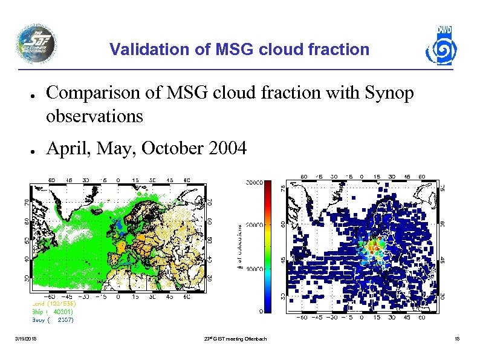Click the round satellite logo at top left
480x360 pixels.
pyautogui.click(x=36, y=44)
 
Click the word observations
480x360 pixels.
pyautogui.click(x=94, y=116)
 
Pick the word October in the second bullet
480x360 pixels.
pyautogui.click(x=177, y=148)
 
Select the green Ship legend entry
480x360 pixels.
pyautogui.click(x=53, y=312)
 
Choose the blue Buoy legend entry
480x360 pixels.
pyautogui.click(x=53, y=320)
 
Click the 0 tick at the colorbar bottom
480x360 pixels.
pyautogui.click(x=259, y=311)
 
